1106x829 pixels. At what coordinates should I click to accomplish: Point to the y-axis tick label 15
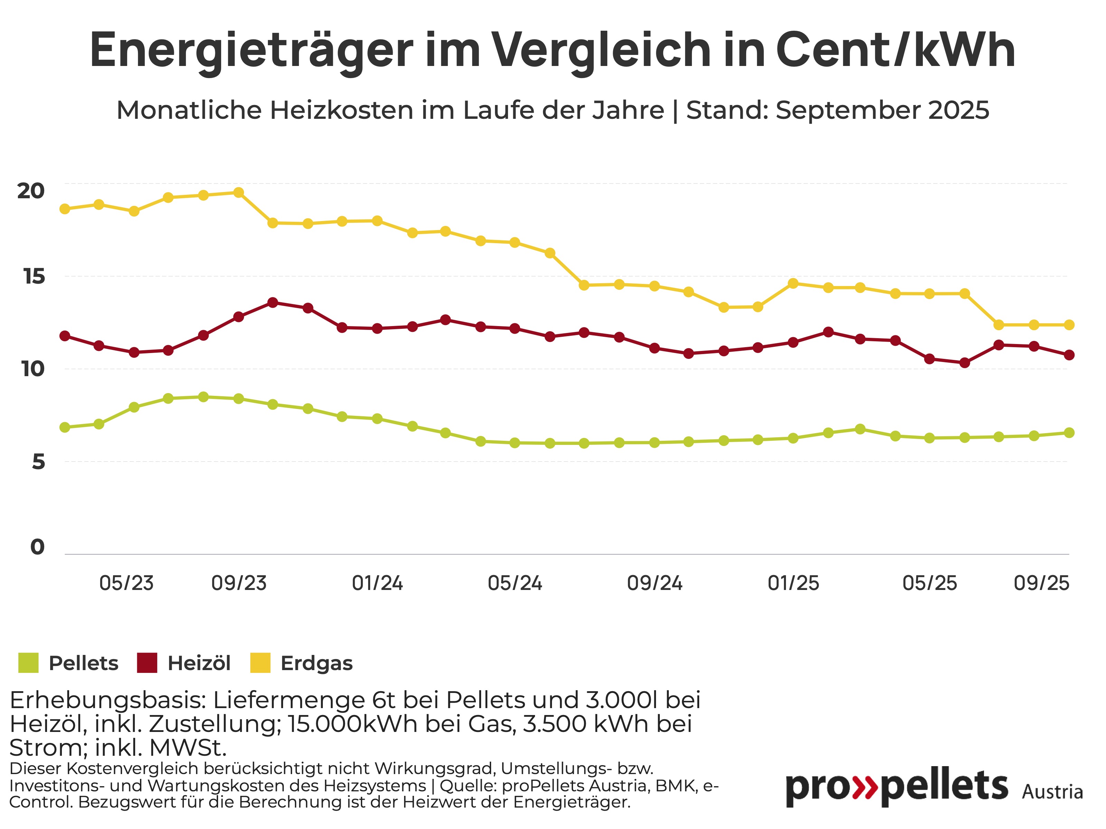point(34,276)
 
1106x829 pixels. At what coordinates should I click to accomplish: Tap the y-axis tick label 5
point(38,462)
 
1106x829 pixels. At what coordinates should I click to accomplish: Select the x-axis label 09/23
point(239,583)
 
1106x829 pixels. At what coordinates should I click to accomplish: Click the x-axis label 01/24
point(377,583)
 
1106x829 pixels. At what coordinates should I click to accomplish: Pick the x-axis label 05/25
point(929,583)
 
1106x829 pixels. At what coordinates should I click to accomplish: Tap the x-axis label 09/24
point(655,583)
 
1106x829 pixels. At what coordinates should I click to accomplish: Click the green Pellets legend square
point(28,663)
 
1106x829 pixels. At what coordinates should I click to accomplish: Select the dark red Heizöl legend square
point(147,663)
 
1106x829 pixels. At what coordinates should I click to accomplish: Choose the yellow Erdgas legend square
point(260,663)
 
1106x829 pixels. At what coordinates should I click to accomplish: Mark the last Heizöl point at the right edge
point(1069,355)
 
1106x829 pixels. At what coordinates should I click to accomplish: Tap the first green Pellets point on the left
point(65,427)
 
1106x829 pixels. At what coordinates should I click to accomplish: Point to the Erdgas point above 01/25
point(793,283)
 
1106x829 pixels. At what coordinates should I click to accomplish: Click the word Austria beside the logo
point(1052,792)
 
